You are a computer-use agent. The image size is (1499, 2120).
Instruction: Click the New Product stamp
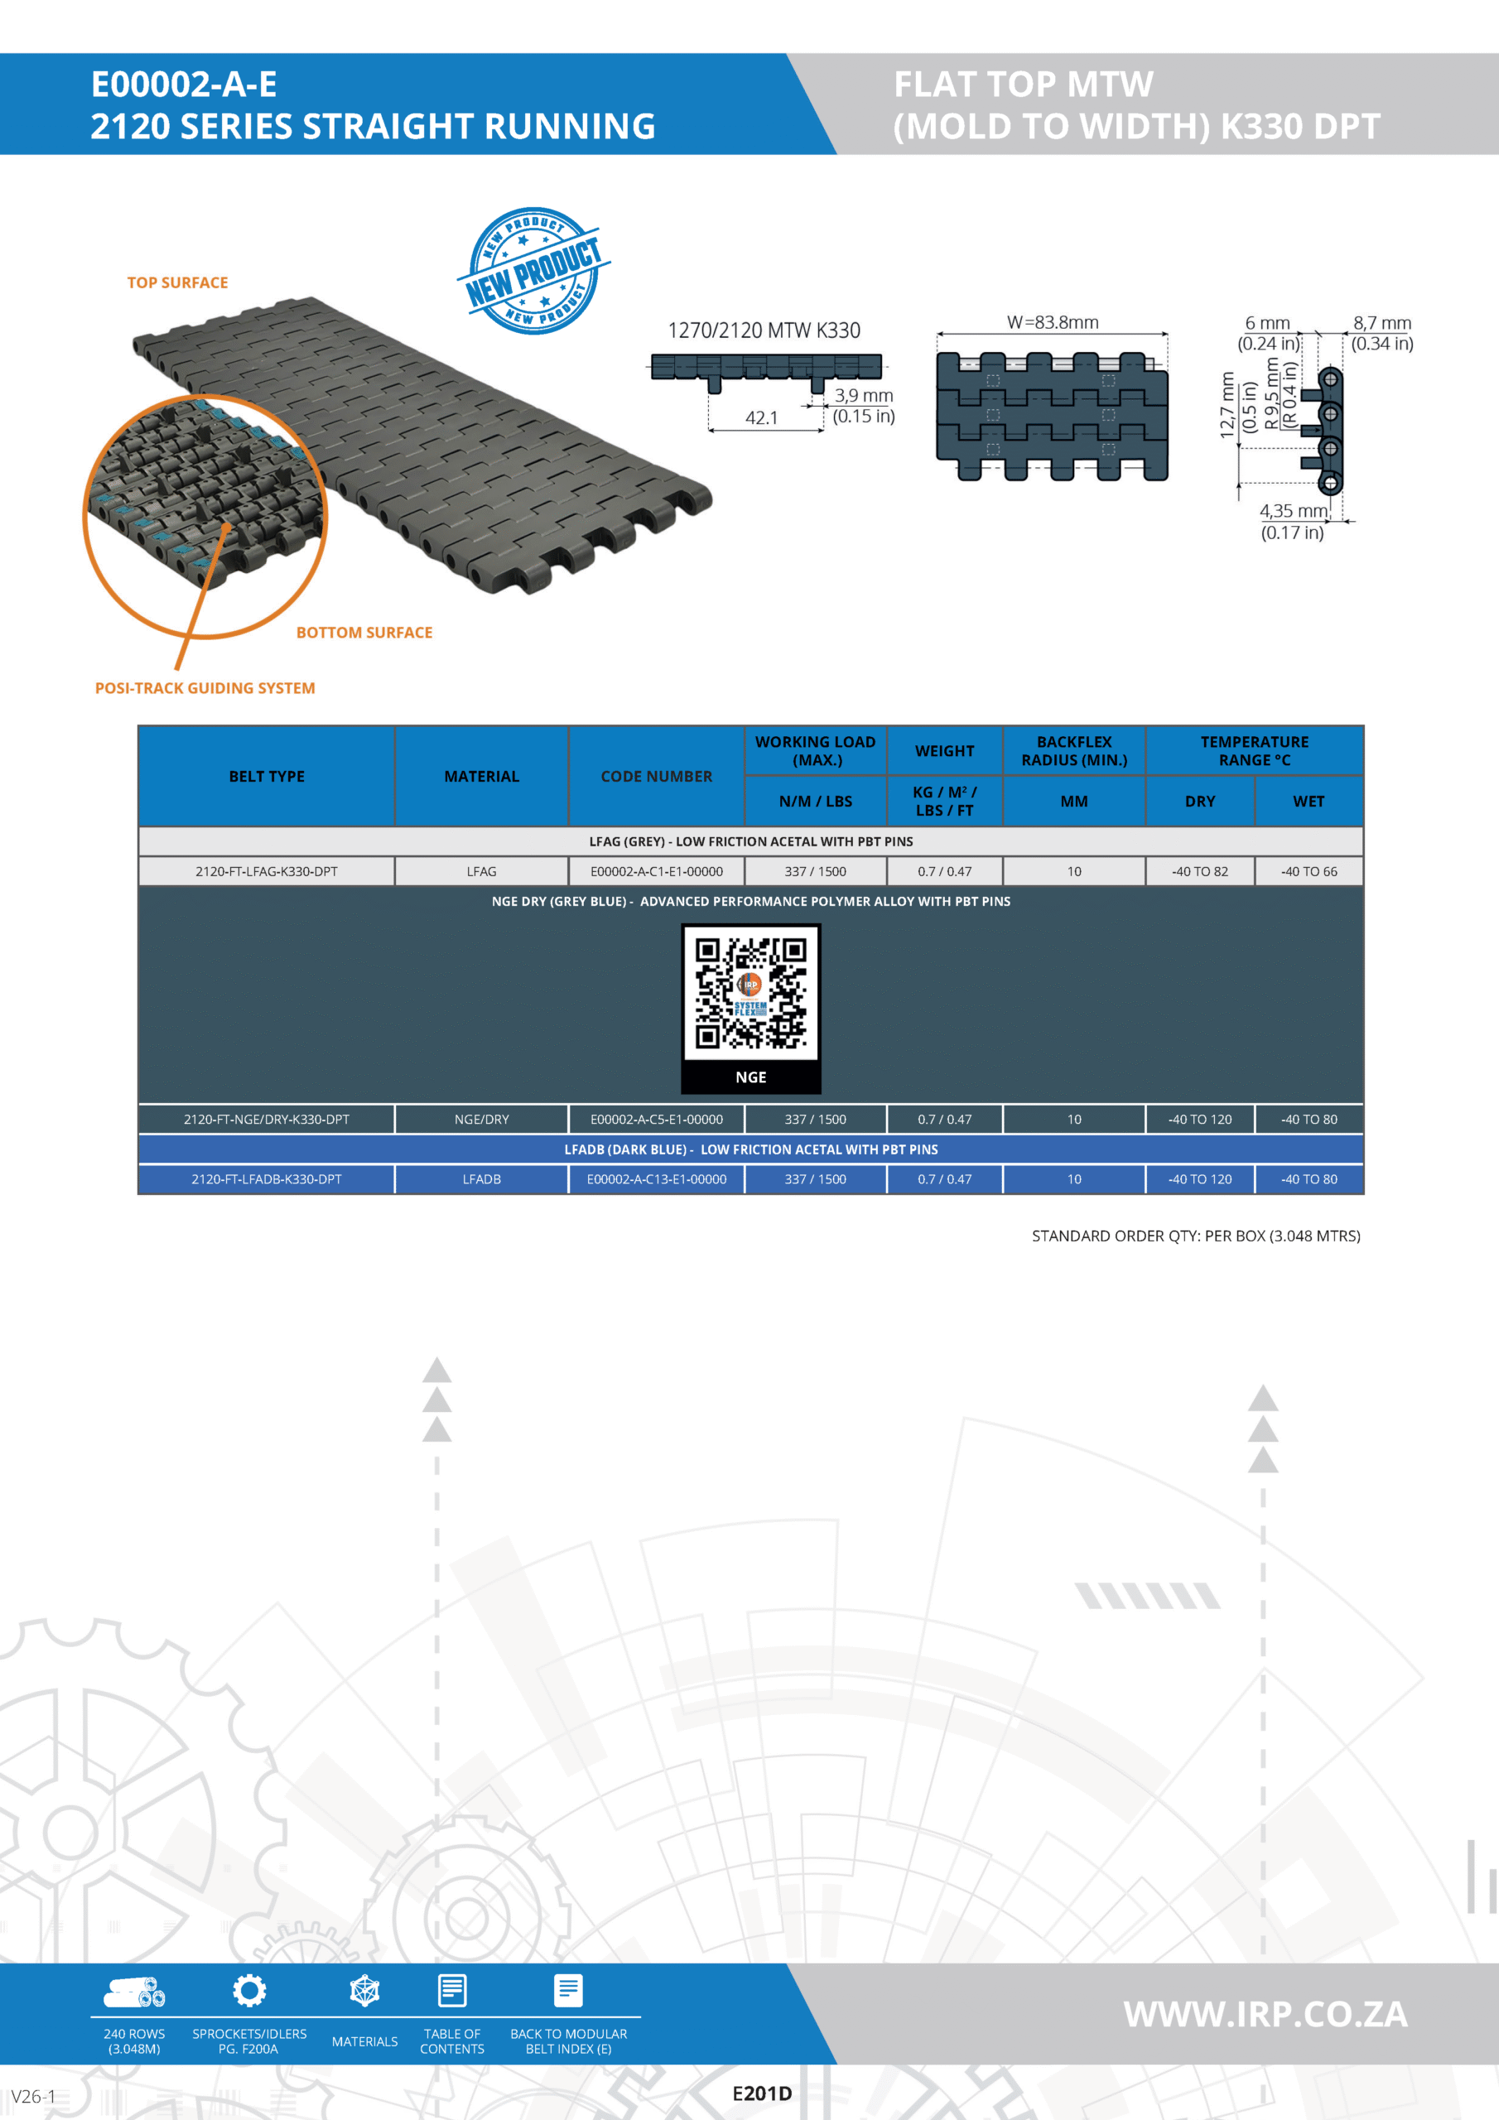(534, 271)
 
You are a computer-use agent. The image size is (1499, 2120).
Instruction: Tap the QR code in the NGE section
(751, 994)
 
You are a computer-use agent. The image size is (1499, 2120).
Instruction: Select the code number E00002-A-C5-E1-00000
(657, 1119)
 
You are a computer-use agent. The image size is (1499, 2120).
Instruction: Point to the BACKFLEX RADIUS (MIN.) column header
(1074, 750)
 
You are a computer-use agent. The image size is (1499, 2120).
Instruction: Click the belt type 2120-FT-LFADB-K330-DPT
(267, 1179)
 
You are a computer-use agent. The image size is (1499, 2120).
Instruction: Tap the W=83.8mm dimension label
(1053, 322)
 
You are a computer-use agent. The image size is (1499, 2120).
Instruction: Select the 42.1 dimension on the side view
(762, 417)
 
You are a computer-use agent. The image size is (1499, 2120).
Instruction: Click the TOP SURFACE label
(177, 282)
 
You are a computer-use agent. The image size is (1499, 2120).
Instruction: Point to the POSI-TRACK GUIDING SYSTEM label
(205, 688)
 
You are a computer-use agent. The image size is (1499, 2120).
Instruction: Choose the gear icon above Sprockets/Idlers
(249, 1991)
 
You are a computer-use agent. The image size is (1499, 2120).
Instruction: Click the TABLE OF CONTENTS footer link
(451, 2040)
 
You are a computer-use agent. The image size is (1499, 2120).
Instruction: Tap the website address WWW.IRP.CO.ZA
(1265, 2014)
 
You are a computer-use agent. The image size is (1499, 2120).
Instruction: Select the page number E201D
(762, 2093)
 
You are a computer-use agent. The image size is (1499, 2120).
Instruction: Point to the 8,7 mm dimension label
(1382, 323)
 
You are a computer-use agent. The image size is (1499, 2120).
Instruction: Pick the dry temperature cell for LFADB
(1200, 1179)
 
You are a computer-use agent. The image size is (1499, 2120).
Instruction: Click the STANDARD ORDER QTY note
(1196, 1236)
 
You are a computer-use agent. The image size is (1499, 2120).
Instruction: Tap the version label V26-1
(33, 2096)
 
